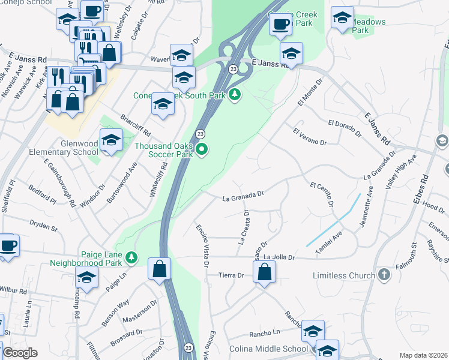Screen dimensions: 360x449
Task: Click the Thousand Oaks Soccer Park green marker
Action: click(202, 150)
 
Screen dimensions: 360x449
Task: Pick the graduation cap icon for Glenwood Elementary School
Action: click(111, 141)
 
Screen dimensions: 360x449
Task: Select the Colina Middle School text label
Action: click(268, 349)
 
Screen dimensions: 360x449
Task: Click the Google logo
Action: click(20, 353)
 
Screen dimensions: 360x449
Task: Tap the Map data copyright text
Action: click(423, 355)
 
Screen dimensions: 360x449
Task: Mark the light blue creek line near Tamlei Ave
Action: click(334, 220)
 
